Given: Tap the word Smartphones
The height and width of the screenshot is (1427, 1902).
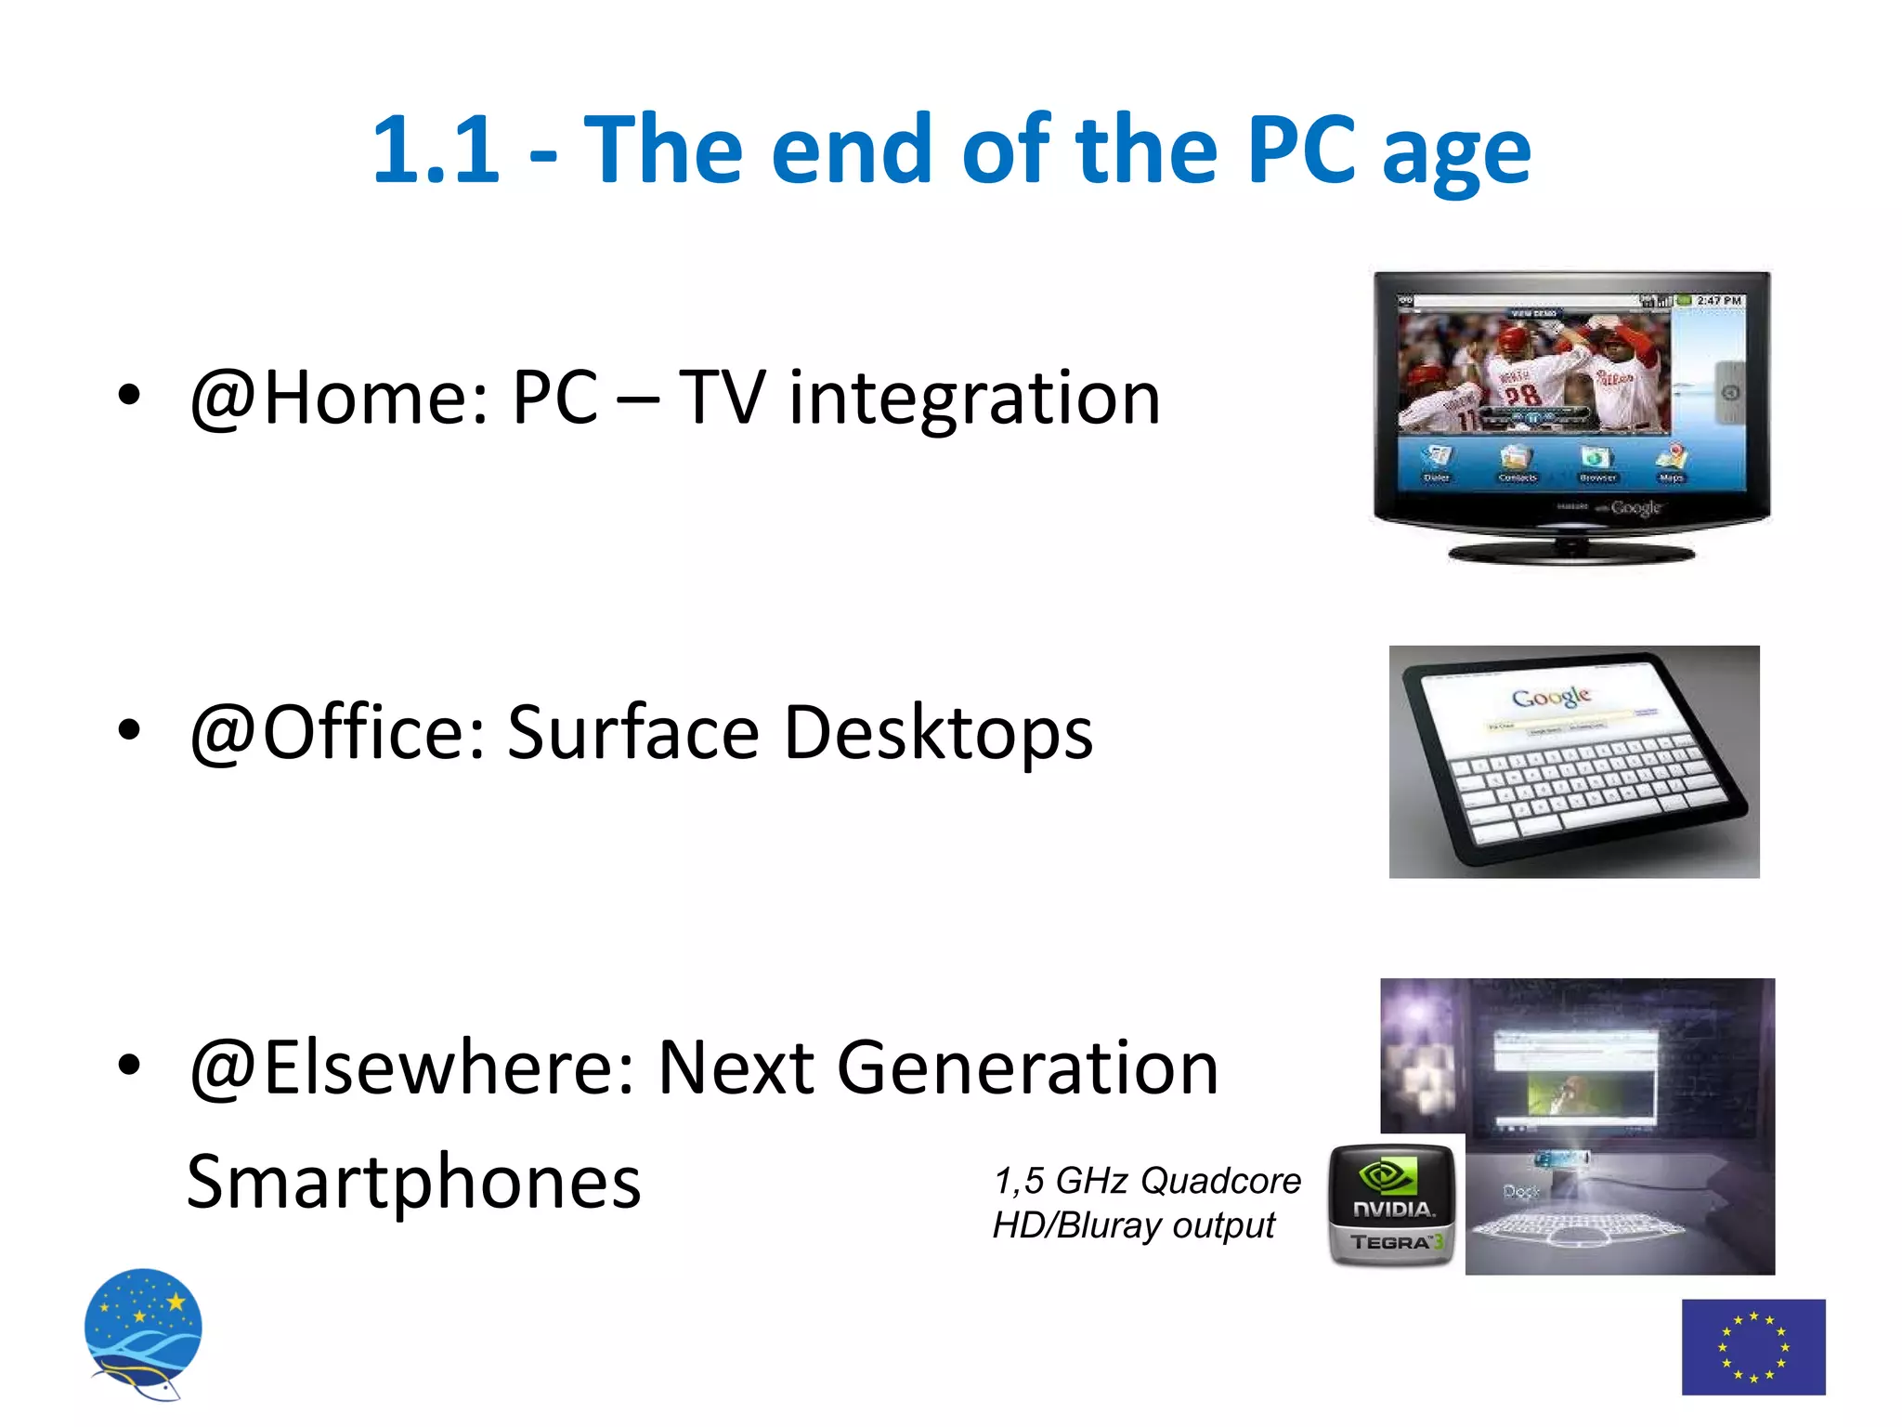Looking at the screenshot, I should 413,1183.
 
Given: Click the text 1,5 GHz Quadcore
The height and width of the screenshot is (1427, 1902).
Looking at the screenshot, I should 1147,1181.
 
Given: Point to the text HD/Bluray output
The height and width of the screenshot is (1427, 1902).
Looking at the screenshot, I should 1133,1225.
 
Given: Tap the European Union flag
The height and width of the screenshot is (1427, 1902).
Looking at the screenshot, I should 1752,1346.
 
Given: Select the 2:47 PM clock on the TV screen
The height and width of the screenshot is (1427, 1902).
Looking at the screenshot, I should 1718,301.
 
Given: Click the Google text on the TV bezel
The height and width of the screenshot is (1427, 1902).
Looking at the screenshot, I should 1635,507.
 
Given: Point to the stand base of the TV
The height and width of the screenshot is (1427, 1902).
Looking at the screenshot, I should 1571,554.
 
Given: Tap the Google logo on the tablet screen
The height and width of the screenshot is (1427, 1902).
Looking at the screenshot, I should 1551,697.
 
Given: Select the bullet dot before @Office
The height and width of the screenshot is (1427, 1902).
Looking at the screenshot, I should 129,730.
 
